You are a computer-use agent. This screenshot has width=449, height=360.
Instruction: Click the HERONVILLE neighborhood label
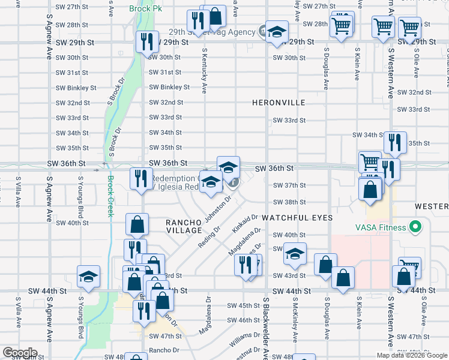[x=278, y=103]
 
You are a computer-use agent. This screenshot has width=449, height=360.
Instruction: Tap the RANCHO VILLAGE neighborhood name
[x=184, y=226]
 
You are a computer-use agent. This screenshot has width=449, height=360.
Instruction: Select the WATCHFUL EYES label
[x=297, y=218]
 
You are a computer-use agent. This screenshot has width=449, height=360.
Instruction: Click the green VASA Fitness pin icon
[x=414, y=227]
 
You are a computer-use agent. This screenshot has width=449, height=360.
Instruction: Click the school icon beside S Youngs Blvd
[x=88, y=277]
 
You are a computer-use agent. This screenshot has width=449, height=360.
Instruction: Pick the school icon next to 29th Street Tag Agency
[x=277, y=31]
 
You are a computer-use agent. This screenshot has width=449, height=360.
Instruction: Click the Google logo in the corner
[x=20, y=353]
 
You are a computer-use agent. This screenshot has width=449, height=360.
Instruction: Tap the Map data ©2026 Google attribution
[x=411, y=355]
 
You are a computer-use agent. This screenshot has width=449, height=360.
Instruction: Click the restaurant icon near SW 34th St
[x=395, y=142]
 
